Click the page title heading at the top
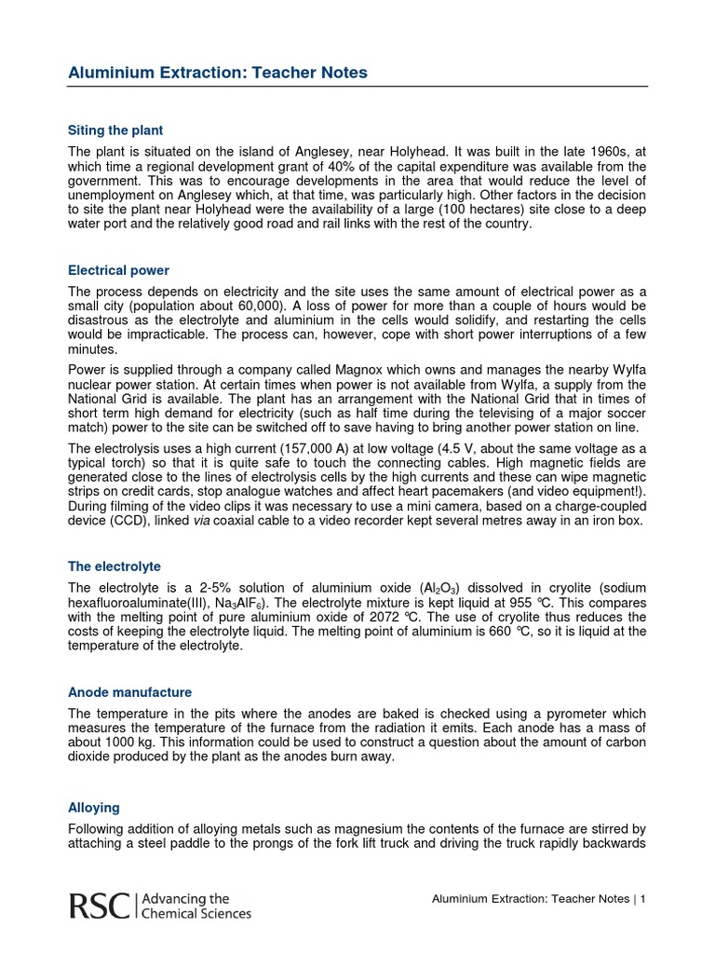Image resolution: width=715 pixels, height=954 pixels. tap(218, 72)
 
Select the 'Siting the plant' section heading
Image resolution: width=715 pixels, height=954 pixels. tap(115, 130)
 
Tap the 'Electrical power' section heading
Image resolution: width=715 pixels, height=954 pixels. tap(118, 270)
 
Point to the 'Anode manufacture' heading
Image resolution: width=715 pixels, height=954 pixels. tap(129, 692)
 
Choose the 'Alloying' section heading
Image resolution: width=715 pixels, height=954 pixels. tap(93, 809)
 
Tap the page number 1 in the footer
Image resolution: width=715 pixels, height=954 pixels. tap(642, 899)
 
